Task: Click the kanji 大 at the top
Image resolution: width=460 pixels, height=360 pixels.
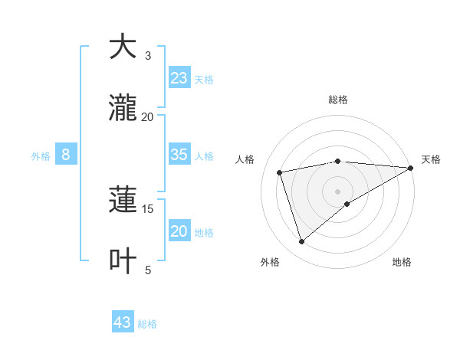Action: pos(123,47)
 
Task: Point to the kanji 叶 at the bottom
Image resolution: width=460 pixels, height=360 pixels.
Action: pos(123,261)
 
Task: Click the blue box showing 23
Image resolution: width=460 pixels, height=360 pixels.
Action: pos(179,78)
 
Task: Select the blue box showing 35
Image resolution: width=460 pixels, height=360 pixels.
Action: pos(179,155)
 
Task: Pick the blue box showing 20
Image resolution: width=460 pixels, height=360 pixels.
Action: pos(179,231)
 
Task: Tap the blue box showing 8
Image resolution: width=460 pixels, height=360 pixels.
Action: pos(66,155)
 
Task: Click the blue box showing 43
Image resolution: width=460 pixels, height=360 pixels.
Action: pos(123,322)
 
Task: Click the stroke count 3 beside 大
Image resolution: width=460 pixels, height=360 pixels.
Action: pos(148,55)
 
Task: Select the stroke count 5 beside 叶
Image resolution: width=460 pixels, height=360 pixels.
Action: pos(148,270)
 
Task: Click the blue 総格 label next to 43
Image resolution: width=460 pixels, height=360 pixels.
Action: pos(147,324)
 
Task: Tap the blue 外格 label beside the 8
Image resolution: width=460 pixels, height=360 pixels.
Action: pos(41,156)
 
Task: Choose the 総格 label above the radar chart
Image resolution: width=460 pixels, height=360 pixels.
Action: pos(338,100)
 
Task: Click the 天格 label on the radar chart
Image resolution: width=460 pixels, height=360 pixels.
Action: pos(432,159)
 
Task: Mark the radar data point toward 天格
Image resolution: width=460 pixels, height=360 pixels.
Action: pos(411,169)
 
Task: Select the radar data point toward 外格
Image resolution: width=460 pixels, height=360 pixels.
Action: pos(301,242)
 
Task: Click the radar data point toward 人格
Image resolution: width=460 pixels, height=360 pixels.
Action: pos(280,172)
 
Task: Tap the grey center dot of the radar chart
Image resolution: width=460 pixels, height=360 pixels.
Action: pos(338,191)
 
